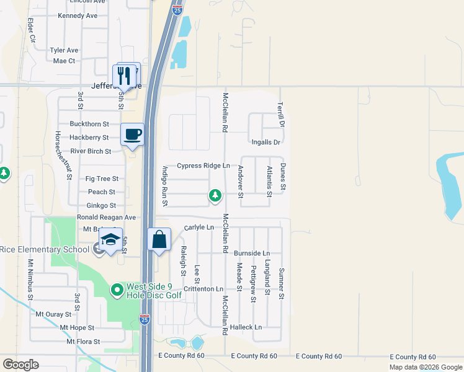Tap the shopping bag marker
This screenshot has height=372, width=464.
[159, 239]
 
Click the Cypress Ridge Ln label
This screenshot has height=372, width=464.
[203, 166]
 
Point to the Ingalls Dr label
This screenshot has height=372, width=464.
[266, 143]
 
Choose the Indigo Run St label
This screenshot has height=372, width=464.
[165, 185]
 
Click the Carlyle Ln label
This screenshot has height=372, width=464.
[199, 228]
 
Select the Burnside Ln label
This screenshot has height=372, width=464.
[252, 254]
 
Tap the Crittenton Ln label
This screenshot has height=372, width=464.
[202, 290]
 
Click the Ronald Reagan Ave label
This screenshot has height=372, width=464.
[106, 218]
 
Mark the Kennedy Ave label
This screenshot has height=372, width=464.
[78, 15]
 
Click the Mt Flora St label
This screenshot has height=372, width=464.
[84, 342]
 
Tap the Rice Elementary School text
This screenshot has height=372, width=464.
[45, 250]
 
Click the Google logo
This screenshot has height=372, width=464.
[20, 365]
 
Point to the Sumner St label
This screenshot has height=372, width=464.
[281, 283]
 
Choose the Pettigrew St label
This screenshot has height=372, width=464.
[253, 283]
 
